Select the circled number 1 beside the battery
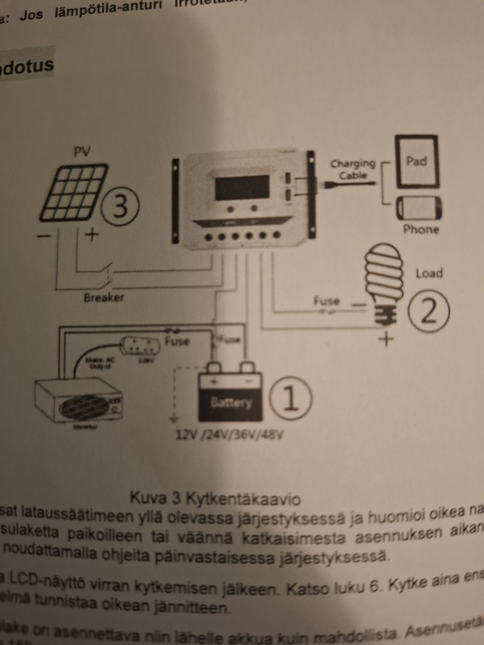pos(290,398)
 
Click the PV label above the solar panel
pos(82,152)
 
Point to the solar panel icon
pos(75,192)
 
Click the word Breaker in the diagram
pos(103,297)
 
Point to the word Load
pos(429,273)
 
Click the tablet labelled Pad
pos(416,161)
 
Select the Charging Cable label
pos(353,169)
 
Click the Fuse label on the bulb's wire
pos(326,301)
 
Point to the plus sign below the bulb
pos(386,339)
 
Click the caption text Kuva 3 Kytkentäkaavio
pos(215,499)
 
